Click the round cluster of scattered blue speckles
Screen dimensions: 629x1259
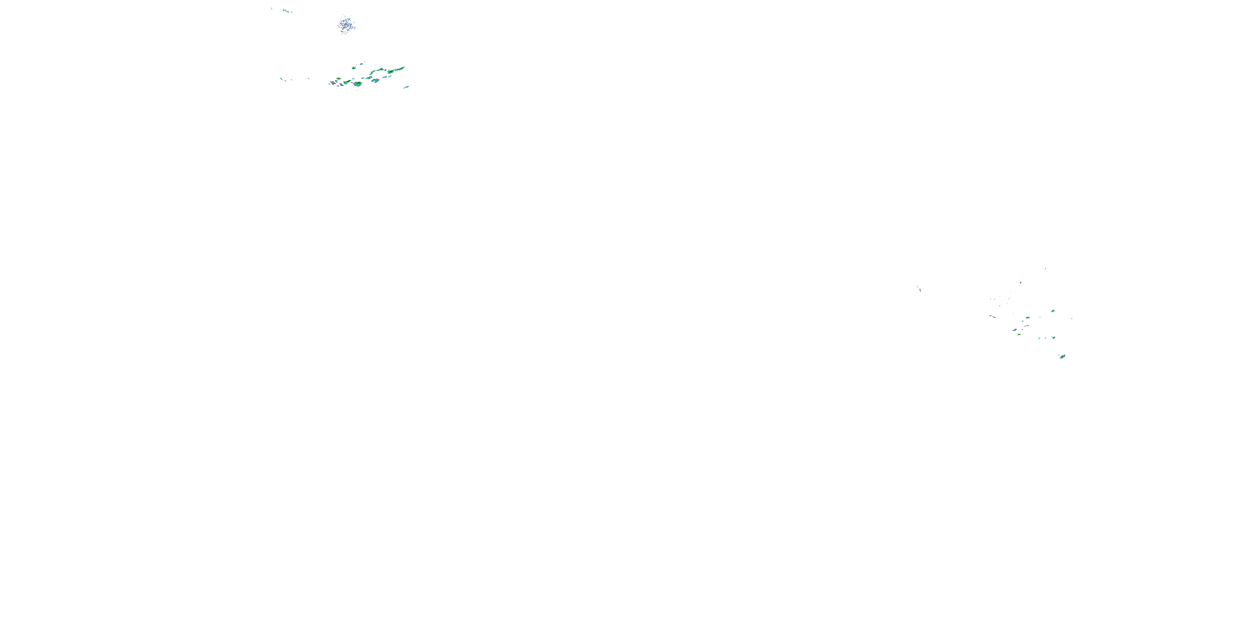pos(346,24)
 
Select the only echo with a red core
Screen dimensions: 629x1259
pos(1028,318)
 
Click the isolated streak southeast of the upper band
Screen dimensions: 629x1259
pos(406,87)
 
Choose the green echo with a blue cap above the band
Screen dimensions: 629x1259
pos(354,68)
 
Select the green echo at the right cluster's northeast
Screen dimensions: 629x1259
pos(1053,311)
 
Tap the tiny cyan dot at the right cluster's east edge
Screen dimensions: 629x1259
pos(1072,318)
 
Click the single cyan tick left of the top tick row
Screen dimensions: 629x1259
pos(272,8)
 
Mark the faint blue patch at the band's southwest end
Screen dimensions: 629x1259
pos(332,83)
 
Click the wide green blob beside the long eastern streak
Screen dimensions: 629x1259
pos(391,72)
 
